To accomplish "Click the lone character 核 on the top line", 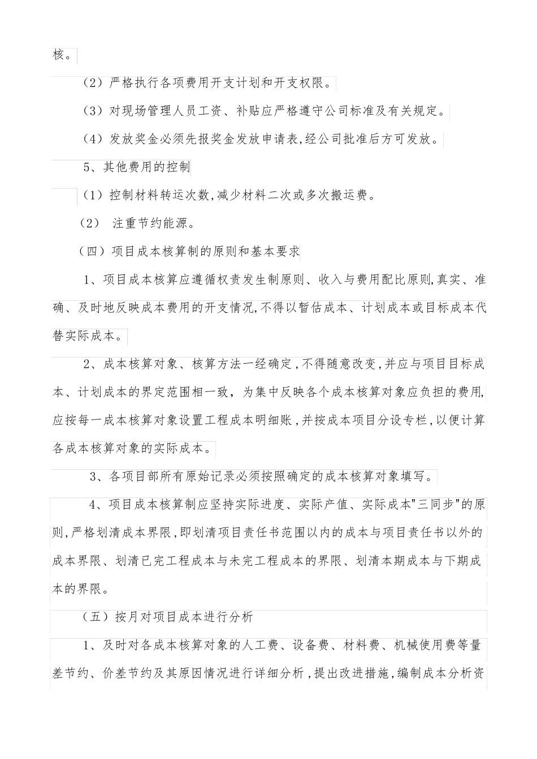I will pyautogui.click(x=58, y=55).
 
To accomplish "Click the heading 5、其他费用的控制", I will pyautogui.click(x=136, y=168).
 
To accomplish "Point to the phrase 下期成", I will pyautogui.click(x=464, y=561).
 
